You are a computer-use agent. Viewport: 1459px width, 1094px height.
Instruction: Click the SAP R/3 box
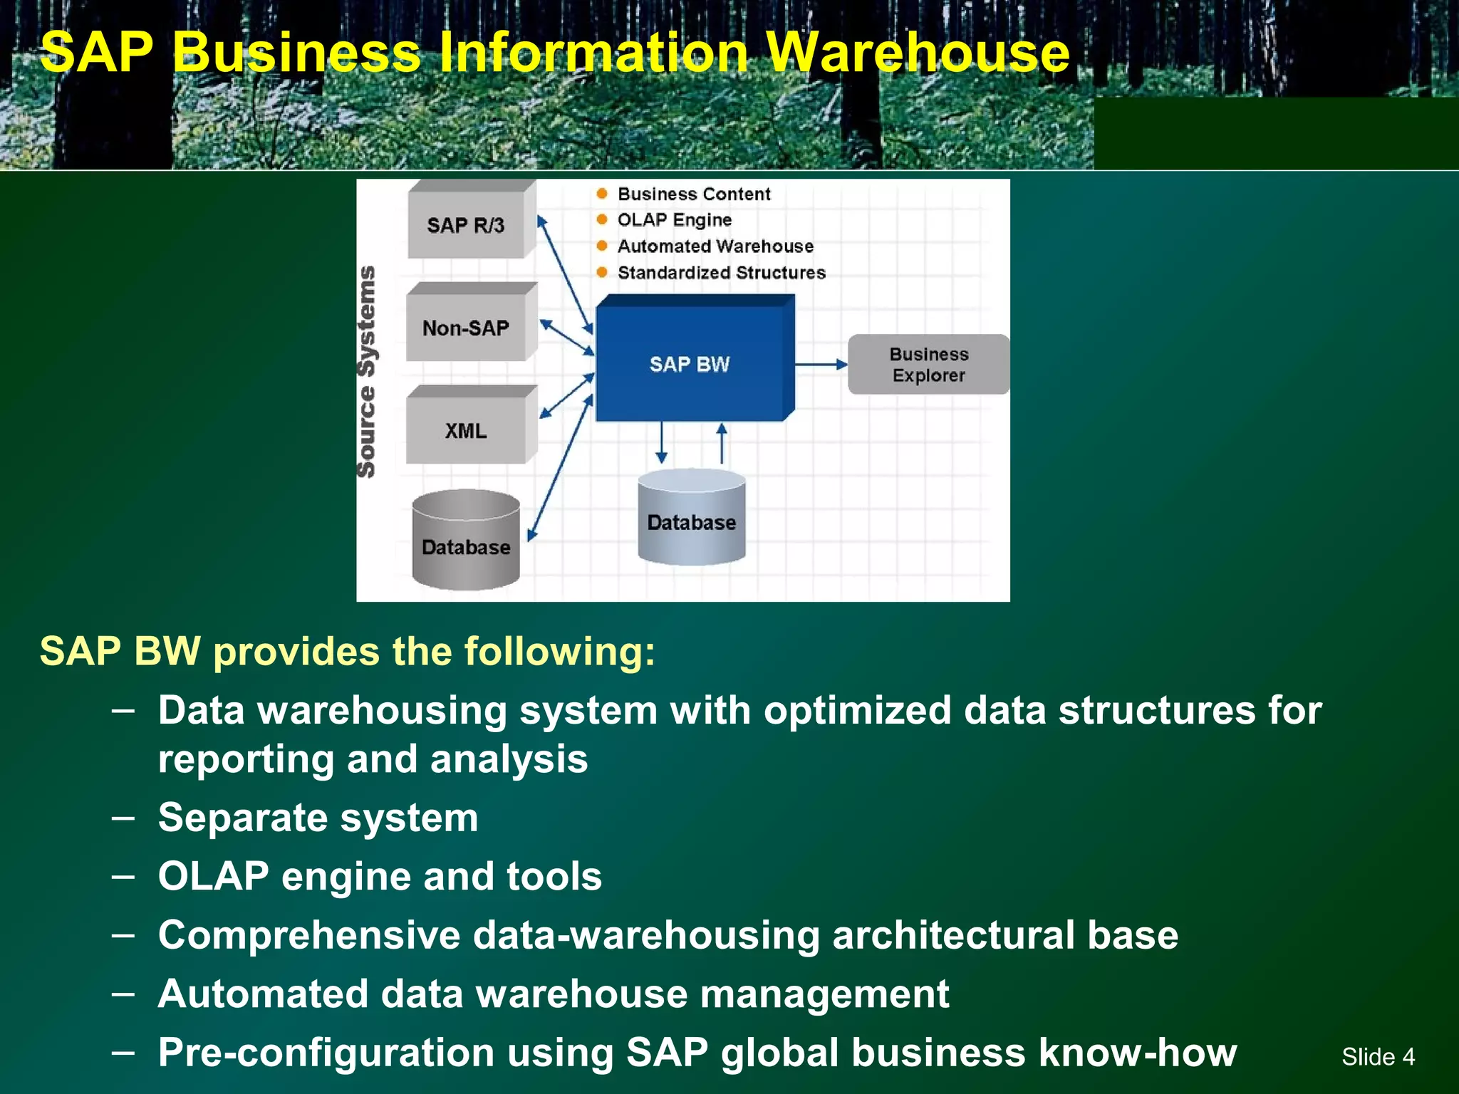pos(466,225)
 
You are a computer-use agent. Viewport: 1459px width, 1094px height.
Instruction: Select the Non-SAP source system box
pos(466,328)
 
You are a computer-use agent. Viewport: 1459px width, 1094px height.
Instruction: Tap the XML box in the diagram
pos(466,430)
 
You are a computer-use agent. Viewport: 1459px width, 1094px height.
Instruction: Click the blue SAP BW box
pos(690,363)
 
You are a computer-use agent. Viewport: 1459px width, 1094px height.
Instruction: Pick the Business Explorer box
pos(928,364)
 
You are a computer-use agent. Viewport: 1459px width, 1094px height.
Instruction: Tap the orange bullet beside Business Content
pos(602,194)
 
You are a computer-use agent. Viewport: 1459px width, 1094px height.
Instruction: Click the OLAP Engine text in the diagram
pos(674,220)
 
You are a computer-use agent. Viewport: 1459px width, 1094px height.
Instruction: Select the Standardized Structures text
pos(721,273)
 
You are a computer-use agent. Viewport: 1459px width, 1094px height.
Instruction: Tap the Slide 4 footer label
pos(1378,1056)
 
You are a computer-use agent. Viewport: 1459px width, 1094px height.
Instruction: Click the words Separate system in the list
pos(318,818)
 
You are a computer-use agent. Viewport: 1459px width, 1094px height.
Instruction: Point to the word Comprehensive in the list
pos(309,935)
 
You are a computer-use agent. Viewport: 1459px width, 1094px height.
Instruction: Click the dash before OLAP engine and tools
pos(123,876)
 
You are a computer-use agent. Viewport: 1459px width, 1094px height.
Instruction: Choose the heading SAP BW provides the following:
pos(347,651)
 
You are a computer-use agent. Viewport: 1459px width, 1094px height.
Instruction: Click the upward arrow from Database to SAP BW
pos(722,443)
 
